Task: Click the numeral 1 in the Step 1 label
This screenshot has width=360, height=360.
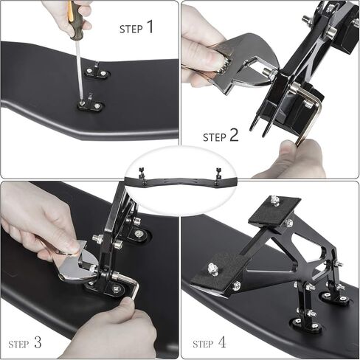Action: click(x=150, y=27)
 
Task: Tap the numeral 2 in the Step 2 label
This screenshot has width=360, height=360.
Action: click(x=234, y=135)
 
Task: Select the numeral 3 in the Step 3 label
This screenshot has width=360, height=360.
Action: click(x=38, y=342)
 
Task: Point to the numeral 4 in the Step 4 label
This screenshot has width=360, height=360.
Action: click(x=222, y=342)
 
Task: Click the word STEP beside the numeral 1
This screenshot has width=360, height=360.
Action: click(x=131, y=30)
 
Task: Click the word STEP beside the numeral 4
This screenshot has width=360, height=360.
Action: click(x=203, y=344)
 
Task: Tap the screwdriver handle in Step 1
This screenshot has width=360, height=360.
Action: click(x=76, y=19)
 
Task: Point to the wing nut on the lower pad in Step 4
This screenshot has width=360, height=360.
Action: click(x=212, y=269)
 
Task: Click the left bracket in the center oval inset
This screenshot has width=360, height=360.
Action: click(x=142, y=175)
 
